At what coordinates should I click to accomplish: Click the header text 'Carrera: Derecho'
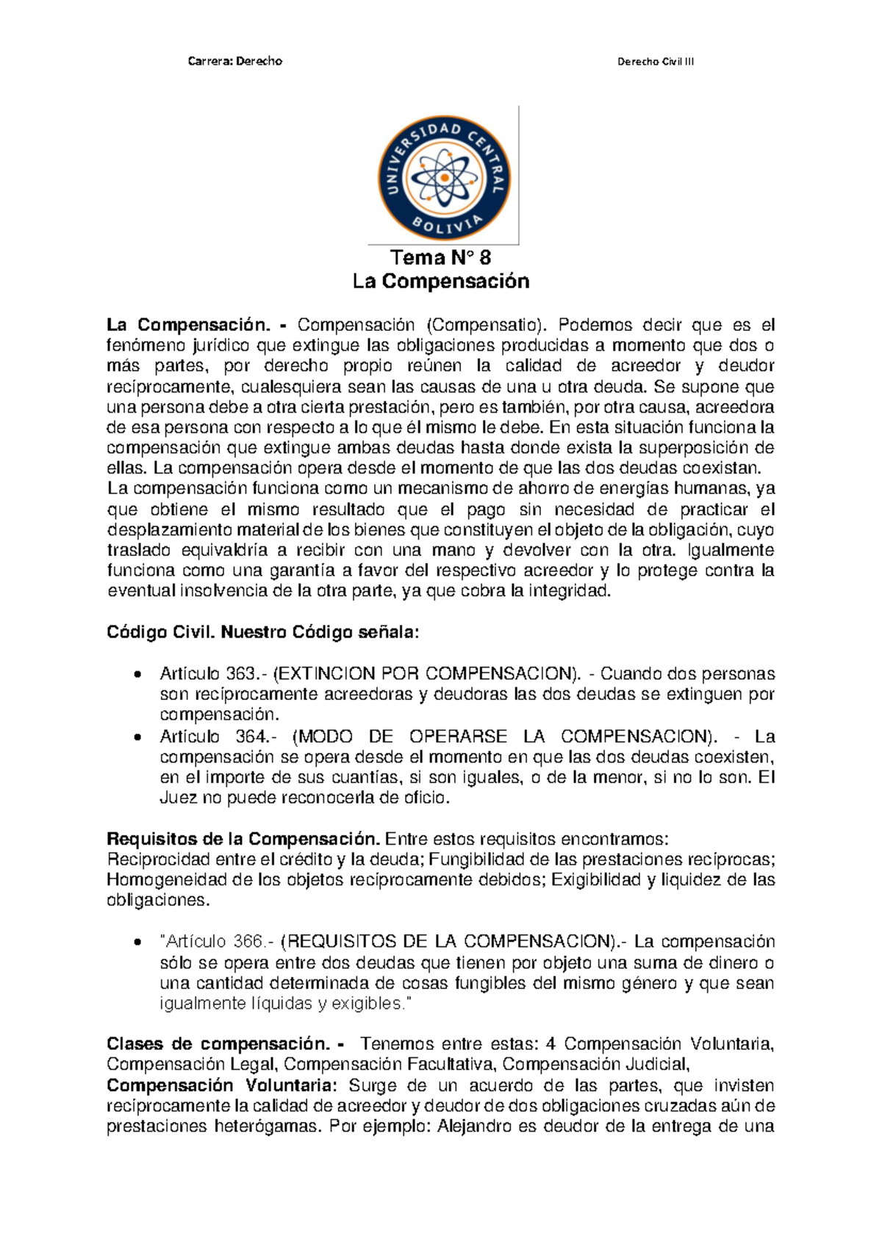(x=234, y=61)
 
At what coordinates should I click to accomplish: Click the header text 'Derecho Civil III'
(x=655, y=62)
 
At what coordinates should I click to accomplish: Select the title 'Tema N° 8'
(x=440, y=257)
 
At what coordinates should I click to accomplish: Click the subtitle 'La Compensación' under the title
(x=440, y=282)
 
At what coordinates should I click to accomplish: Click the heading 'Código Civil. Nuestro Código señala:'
(x=263, y=632)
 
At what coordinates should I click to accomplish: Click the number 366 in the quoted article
(x=248, y=942)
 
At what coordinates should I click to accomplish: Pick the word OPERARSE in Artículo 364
(x=458, y=737)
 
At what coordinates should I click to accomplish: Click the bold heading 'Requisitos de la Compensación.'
(x=243, y=839)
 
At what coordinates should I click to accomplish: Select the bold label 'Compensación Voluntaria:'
(x=221, y=1086)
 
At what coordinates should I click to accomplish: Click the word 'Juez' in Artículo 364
(x=178, y=798)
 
